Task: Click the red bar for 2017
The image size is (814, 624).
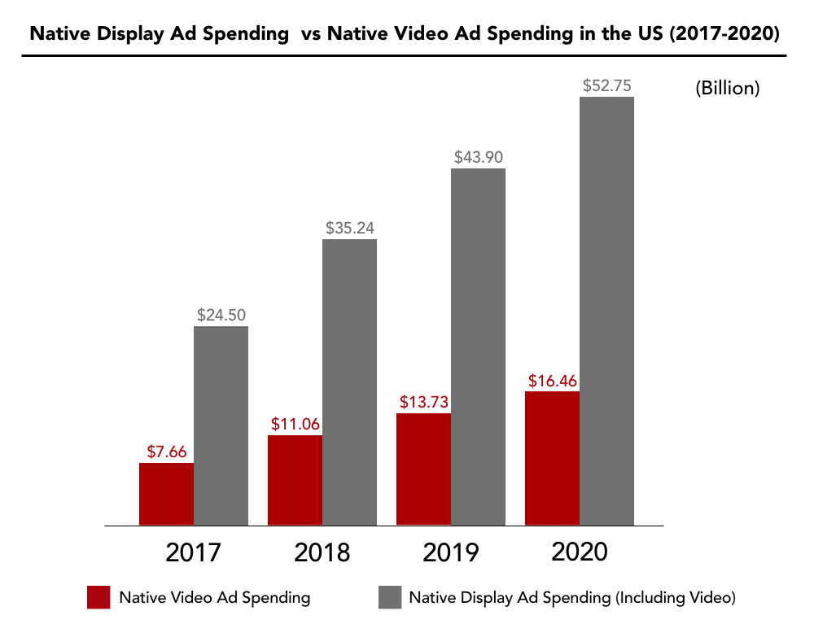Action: coord(166,494)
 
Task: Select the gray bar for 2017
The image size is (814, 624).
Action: coord(221,425)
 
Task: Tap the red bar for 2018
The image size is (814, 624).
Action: coord(295,480)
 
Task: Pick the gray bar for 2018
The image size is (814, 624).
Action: coord(349,382)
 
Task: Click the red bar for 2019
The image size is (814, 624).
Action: coord(423,469)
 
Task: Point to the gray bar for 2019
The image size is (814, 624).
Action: coord(478,347)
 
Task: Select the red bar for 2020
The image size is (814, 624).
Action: coord(552,458)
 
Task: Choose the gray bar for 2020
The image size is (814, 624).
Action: coord(606,311)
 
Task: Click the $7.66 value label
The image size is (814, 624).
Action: coord(168,452)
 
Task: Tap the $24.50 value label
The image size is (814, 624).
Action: coord(221,314)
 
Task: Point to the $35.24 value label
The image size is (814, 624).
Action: coord(350,228)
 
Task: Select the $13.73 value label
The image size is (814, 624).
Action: coord(424,402)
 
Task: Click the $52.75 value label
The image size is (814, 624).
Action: coord(607,85)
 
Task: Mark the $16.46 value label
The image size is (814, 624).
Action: coord(553,380)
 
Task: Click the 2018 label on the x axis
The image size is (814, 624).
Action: coord(322,553)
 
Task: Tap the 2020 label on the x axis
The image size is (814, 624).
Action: coord(580,552)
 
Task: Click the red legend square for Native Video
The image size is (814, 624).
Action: coord(98,597)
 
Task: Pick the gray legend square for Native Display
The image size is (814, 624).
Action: coord(390,597)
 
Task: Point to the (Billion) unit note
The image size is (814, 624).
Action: coord(727,89)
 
